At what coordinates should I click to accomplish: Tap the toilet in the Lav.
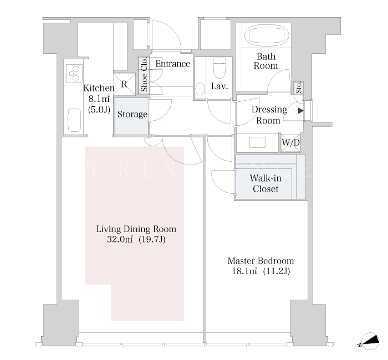[219, 68]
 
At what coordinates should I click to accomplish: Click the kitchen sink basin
[74, 120]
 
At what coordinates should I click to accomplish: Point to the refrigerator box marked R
[125, 84]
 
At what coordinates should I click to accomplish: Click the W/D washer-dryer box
[291, 143]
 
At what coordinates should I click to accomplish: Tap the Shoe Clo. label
[144, 74]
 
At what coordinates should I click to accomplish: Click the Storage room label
[132, 114]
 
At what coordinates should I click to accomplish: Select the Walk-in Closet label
[266, 183]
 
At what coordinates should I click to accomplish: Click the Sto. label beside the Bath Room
[299, 88]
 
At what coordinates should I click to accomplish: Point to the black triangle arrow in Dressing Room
[300, 111]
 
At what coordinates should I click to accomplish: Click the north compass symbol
[370, 341]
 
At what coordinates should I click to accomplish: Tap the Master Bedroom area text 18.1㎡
[244, 271]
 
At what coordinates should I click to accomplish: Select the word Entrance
[173, 64]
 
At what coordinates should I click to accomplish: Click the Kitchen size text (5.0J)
[99, 109]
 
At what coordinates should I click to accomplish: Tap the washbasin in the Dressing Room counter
[257, 142]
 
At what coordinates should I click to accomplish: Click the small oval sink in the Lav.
[200, 89]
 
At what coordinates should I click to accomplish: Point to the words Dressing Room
[269, 115]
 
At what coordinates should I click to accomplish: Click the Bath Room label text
[266, 61]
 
